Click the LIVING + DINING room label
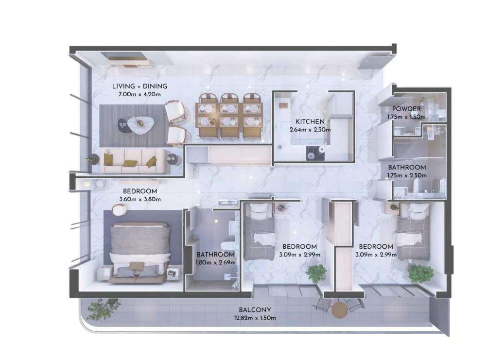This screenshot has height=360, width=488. click(x=139, y=86)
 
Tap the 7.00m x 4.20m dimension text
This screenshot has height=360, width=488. click(x=139, y=94)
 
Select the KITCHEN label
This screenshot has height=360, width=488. click(x=310, y=121)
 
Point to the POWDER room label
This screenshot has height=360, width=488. click(x=406, y=109)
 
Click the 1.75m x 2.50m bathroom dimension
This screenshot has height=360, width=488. click(x=407, y=175)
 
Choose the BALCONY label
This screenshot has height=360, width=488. click(x=255, y=310)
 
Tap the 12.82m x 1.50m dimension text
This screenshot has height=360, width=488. click(x=255, y=318)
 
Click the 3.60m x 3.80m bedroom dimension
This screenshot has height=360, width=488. click(x=140, y=200)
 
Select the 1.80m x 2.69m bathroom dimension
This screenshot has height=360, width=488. click(x=215, y=263)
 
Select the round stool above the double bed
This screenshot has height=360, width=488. click(x=119, y=210)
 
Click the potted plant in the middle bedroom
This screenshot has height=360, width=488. click(x=316, y=274)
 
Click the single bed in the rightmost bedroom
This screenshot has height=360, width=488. click(x=413, y=232)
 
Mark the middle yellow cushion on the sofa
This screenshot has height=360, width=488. click(x=130, y=163)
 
